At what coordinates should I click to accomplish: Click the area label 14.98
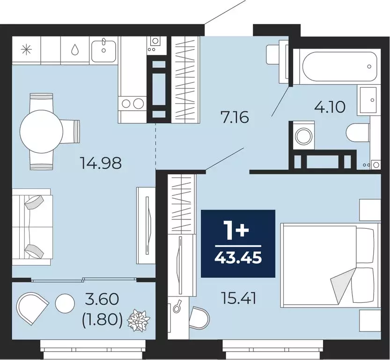coord(101,163)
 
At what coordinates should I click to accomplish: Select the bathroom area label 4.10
coord(330,107)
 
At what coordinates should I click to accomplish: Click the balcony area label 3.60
coord(103,299)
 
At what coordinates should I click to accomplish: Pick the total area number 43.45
coord(238,257)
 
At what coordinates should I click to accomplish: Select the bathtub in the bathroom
coord(339,66)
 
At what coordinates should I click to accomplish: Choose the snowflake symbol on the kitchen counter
coord(26,49)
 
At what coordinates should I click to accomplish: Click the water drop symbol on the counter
coord(75,49)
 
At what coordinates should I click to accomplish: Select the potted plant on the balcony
coord(139,321)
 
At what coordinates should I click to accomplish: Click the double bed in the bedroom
coord(328,265)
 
